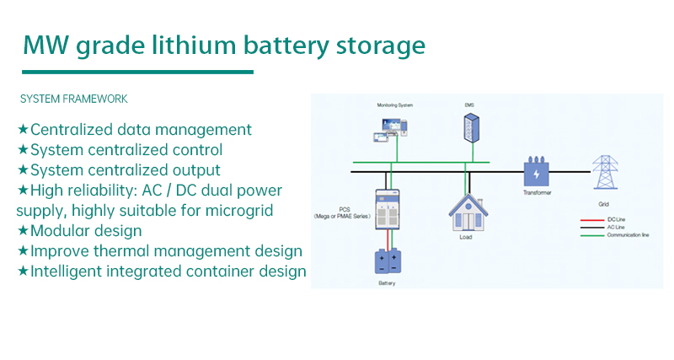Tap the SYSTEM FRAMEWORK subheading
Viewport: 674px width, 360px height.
pyautogui.click(x=74, y=99)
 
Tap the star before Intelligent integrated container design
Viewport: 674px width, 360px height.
pyautogui.click(x=24, y=271)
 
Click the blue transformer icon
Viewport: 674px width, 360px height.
pyautogui.click(x=536, y=173)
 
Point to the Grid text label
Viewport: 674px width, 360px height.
pyautogui.click(x=602, y=204)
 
